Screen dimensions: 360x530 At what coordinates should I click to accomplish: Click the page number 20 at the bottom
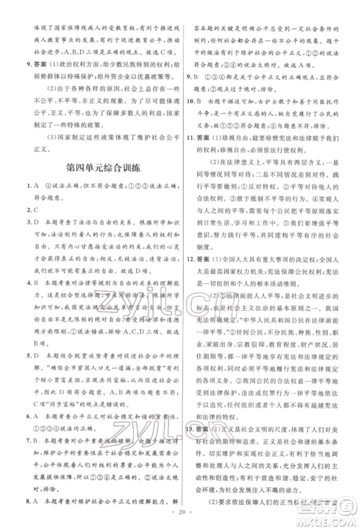tap(180, 521)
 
